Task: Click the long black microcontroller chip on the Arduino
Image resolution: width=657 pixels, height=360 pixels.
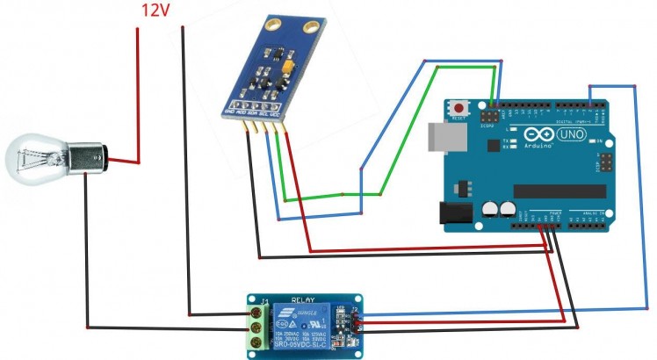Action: tap(559, 191)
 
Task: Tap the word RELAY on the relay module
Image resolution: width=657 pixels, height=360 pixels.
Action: tap(303, 299)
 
